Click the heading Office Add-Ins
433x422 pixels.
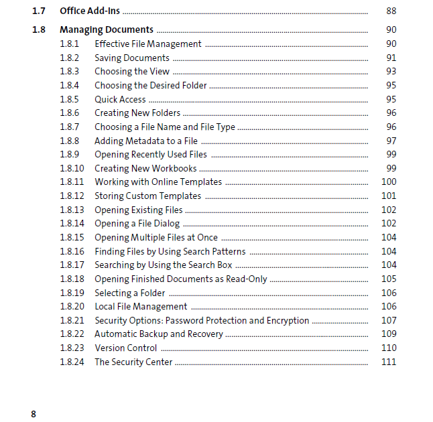coord(90,11)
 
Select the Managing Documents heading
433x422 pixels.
coord(106,29)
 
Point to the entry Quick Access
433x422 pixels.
coord(120,99)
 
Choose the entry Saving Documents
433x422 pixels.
coord(131,58)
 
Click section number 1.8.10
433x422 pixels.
coord(72,168)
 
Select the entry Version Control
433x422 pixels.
coord(125,348)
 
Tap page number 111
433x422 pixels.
coord(389,362)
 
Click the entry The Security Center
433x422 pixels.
coord(133,362)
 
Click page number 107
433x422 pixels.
coord(389,320)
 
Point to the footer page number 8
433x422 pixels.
coord(34,413)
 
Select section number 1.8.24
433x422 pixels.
coord(72,362)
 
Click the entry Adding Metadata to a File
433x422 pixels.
coord(145,141)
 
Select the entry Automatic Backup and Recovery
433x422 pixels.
coord(158,334)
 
